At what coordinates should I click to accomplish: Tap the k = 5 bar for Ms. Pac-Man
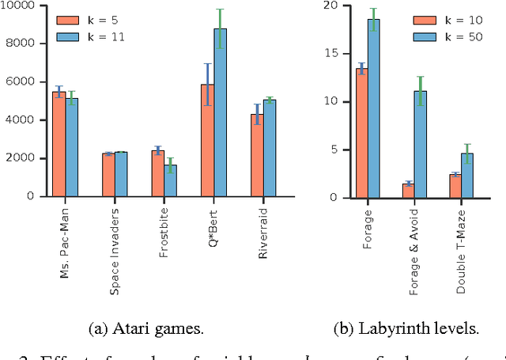tap(59, 143)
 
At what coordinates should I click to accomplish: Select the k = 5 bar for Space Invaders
tap(108, 175)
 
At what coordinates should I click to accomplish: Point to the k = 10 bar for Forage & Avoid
tap(408, 191)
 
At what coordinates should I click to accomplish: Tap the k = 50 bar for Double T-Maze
tap(467, 176)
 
